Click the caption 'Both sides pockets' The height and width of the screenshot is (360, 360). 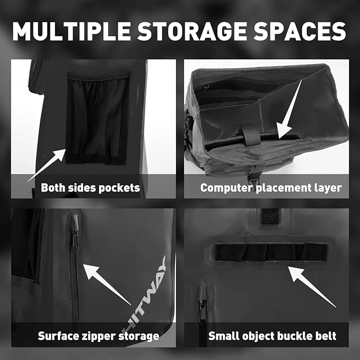pos(90,187)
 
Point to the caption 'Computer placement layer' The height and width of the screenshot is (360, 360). pos(270,187)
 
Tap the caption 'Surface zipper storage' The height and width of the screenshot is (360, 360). pos(98,336)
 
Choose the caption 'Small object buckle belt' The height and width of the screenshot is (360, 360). pos(272,336)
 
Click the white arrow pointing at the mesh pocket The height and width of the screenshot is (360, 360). pos(47,165)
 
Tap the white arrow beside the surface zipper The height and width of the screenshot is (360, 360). pos(107,284)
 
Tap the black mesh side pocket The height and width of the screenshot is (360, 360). pos(97,117)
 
